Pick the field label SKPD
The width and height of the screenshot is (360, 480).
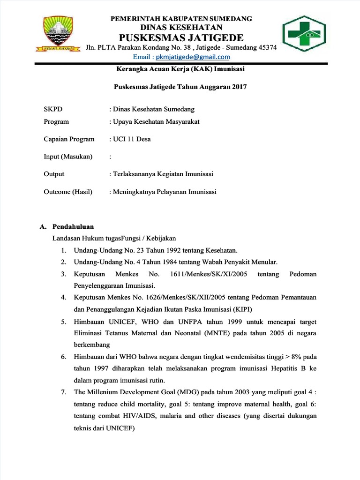click(x=52, y=109)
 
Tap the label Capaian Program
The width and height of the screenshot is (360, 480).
click(x=69, y=139)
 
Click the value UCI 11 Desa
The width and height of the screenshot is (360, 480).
click(x=131, y=139)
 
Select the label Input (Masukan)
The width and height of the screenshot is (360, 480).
click(x=68, y=157)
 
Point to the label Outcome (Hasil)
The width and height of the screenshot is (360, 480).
click(x=68, y=192)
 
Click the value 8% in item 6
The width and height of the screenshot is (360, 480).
click(x=290, y=357)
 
